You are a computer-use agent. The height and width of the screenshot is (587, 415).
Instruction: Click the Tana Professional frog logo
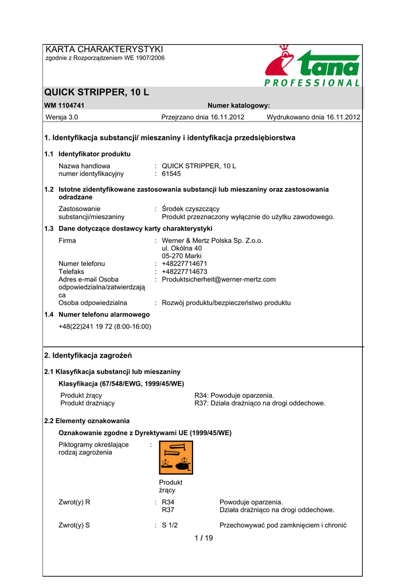tap(312, 66)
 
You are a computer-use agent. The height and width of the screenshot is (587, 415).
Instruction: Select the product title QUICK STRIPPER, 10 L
tap(97, 92)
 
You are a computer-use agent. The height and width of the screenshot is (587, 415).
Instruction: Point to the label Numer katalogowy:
tap(238, 105)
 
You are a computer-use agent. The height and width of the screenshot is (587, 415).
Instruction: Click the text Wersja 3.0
tap(62, 118)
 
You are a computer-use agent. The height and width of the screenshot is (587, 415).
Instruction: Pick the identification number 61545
tap(171, 174)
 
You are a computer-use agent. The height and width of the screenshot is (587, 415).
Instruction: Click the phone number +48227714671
tap(185, 264)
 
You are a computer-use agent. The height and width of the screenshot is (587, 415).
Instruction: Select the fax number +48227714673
tap(185, 272)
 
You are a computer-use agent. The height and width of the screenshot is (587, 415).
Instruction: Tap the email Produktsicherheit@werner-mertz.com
tap(219, 280)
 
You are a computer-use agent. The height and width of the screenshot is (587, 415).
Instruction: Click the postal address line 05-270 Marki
tap(182, 256)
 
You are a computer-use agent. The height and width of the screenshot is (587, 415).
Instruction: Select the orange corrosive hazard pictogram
tap(175, 457)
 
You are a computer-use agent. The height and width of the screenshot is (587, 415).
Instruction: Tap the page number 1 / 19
tap(203, 538)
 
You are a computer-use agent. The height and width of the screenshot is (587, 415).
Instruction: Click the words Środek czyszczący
tap(190, 209)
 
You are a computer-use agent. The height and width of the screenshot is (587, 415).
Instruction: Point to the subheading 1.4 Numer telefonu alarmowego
tap(97, 315)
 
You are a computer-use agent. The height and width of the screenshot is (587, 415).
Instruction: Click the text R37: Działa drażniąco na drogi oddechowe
tap(260, 403)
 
